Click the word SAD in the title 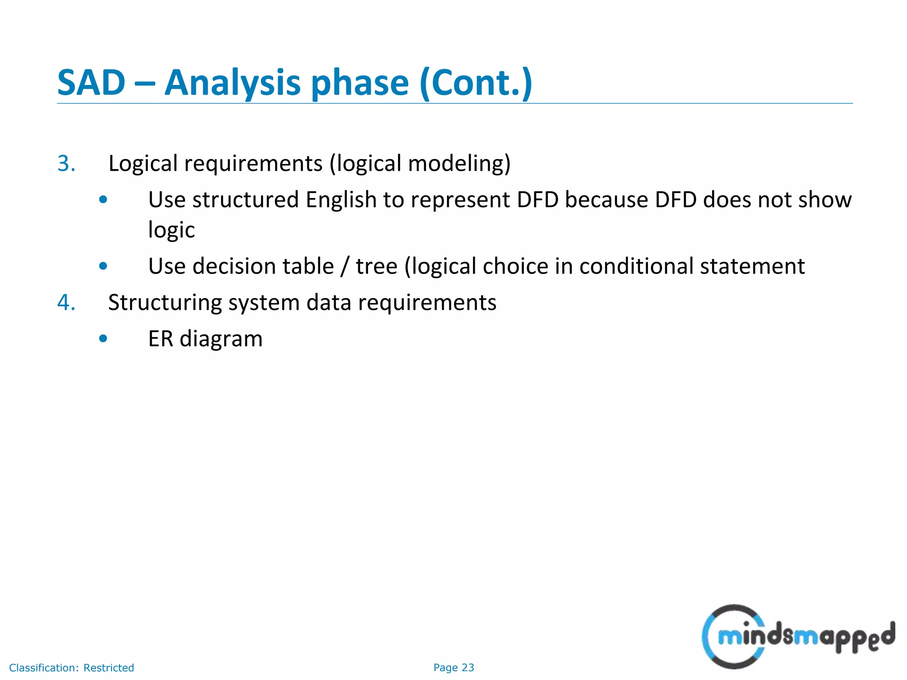click(x=91, y=83)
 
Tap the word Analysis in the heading click(x=233, y=83)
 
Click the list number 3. click(x=66, y=163)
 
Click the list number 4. click(x=66, y=303)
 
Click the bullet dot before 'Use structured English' click(x=103, y=200)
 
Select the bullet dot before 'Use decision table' click(x=103, y=266)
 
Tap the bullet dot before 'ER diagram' click(x=103, y=339)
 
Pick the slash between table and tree click(x=345, y=266)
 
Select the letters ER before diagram click(x=160, y=339)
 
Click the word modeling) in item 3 click(x=459, y=163)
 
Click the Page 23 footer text click(x=453, y=668)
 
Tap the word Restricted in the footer click(x=109, y=668)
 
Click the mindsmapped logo click(x=797, y=637)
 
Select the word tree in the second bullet click(x=376, y=266)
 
